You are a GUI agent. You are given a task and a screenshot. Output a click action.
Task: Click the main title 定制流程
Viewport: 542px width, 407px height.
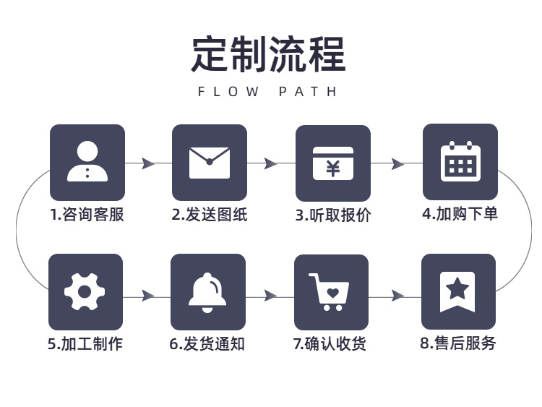[x=269, y=54]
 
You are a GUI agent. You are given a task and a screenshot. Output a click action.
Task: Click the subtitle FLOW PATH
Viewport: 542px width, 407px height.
[x=267, y=92]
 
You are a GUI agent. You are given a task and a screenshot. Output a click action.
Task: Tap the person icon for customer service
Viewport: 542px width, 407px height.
[x=87, y=161]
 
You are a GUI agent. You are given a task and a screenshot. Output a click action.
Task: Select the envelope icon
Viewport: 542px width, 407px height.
[x=210, y=163]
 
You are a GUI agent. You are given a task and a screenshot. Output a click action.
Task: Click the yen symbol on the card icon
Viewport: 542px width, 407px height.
[x=333, y=168]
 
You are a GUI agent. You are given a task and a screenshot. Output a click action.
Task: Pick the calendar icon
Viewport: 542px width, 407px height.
[x=460, y=161]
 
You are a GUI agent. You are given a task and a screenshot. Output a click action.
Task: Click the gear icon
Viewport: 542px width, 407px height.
[x=85, y=292]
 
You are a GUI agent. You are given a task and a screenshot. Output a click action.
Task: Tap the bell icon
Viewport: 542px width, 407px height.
[x=207, y=293]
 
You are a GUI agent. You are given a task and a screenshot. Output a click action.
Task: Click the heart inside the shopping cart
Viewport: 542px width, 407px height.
[x=333, y=293]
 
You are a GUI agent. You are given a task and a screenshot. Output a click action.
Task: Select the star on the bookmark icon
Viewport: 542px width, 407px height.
[x=457, y=288]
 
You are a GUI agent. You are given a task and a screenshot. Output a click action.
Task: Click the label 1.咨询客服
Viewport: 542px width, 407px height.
[x=87, y=215]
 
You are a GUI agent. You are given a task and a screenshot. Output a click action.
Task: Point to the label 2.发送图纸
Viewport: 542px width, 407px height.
[x=210, y=215]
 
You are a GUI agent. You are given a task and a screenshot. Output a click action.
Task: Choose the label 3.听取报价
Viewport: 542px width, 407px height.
[x=333, y=215]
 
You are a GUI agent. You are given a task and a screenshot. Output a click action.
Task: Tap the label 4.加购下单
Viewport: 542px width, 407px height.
[x=460, y=213]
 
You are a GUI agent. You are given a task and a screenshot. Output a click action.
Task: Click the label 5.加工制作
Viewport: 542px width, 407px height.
[x=85, y=343]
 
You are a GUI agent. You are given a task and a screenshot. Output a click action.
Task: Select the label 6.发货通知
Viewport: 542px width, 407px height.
[x=207, y=343]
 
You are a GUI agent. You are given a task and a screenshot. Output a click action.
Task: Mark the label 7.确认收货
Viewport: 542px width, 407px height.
[x=330, y=343]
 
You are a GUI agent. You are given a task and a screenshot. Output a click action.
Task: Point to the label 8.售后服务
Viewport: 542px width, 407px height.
[x=458, y=343]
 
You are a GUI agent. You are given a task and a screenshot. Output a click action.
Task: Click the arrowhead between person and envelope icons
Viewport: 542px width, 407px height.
[x=148, y=163]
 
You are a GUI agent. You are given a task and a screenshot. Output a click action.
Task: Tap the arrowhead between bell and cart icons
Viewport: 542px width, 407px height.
[x=270, y=296]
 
